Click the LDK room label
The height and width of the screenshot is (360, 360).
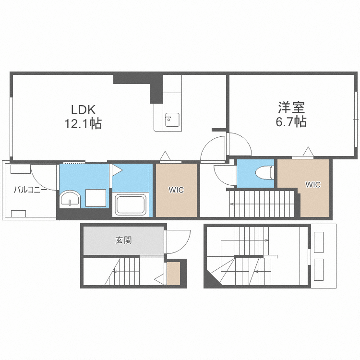(x=83, y=110)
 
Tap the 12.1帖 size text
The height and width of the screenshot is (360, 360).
(x=83, y=123)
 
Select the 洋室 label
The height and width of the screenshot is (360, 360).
(x=291, y=108)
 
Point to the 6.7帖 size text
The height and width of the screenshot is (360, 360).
(x=291, y=121)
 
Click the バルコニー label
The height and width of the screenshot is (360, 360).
(x=30, y=190)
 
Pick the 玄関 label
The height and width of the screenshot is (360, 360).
(x=123, y=240)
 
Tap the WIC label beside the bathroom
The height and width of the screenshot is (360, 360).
(x=176, y=190)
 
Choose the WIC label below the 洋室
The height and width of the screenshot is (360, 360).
(x=313, y=185)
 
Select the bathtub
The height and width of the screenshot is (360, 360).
(x=131, y=205)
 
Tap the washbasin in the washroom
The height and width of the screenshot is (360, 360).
(x=70, y=198)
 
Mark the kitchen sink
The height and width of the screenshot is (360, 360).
(x=172, y=120)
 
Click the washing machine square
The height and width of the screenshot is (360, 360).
(x=96, y=198)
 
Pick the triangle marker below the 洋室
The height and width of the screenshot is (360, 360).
(x=308, y=152)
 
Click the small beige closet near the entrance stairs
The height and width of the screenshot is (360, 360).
(x=173, y=274)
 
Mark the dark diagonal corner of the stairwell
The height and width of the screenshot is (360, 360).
(x=212, y=279)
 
